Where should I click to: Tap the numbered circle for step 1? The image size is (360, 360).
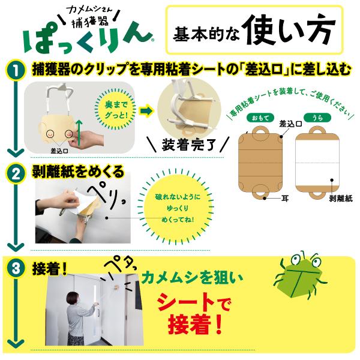click(16, 70)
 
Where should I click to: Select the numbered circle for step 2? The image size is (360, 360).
click(16, 175)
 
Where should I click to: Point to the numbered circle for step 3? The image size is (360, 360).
click(16, 268)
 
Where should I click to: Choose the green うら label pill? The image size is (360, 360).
click(317, 118)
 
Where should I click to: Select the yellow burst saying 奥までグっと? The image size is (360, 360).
click(116, 110)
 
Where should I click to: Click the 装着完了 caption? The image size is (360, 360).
click(188, 145)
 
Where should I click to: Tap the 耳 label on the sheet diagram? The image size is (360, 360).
click(284, 199)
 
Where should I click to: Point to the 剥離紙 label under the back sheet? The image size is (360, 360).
click(341, 199)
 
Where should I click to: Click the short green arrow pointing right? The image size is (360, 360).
click(146, 111)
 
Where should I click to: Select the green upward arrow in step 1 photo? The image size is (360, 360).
click(79, 134)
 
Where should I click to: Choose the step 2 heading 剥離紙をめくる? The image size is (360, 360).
click(78, 172)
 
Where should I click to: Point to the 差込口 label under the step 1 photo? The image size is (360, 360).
click(59, 151)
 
